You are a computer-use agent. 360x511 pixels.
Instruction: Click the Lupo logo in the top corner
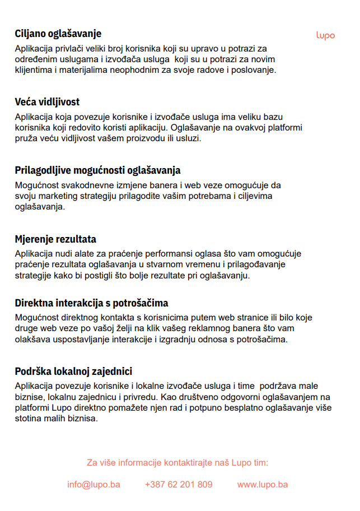pos(325,35)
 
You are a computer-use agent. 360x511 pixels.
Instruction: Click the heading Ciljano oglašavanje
pos(58,34)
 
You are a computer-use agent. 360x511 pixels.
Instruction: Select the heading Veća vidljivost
pos(47,102)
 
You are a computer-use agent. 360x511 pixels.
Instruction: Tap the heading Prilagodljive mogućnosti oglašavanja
pos(97,170)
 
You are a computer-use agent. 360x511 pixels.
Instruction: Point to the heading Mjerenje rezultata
pos(55,239)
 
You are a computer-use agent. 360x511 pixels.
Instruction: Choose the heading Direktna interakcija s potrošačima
pos(91,304)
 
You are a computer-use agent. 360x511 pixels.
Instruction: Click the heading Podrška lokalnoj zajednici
pos(73,372)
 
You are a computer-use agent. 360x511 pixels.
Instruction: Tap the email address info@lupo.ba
pos(93,484)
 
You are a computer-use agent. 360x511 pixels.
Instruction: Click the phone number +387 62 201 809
pos(179,484)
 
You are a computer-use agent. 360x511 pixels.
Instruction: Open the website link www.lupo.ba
pos(263,484)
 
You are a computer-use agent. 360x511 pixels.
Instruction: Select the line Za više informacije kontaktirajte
pos(177,463)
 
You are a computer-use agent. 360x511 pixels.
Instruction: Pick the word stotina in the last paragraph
pos(27,418)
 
